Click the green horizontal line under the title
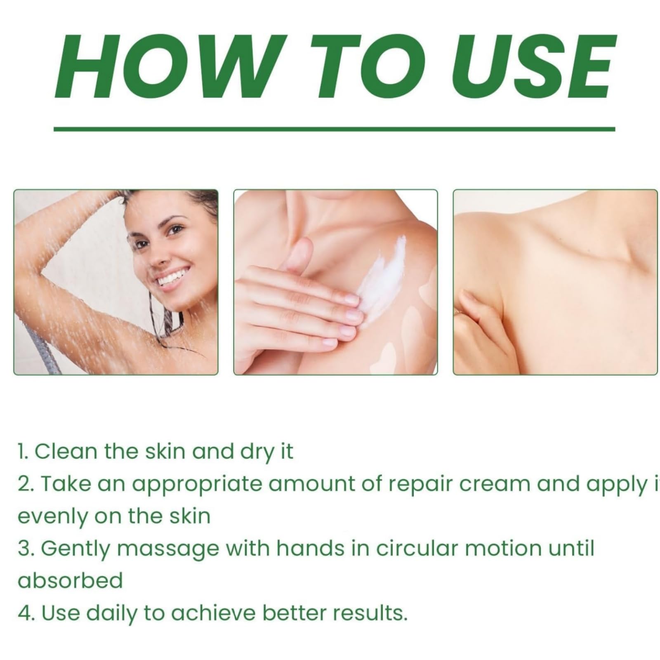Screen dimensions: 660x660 tap(335, 129)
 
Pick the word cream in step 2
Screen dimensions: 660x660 tap(495, 484)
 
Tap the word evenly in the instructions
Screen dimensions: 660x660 tap(53, 517)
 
